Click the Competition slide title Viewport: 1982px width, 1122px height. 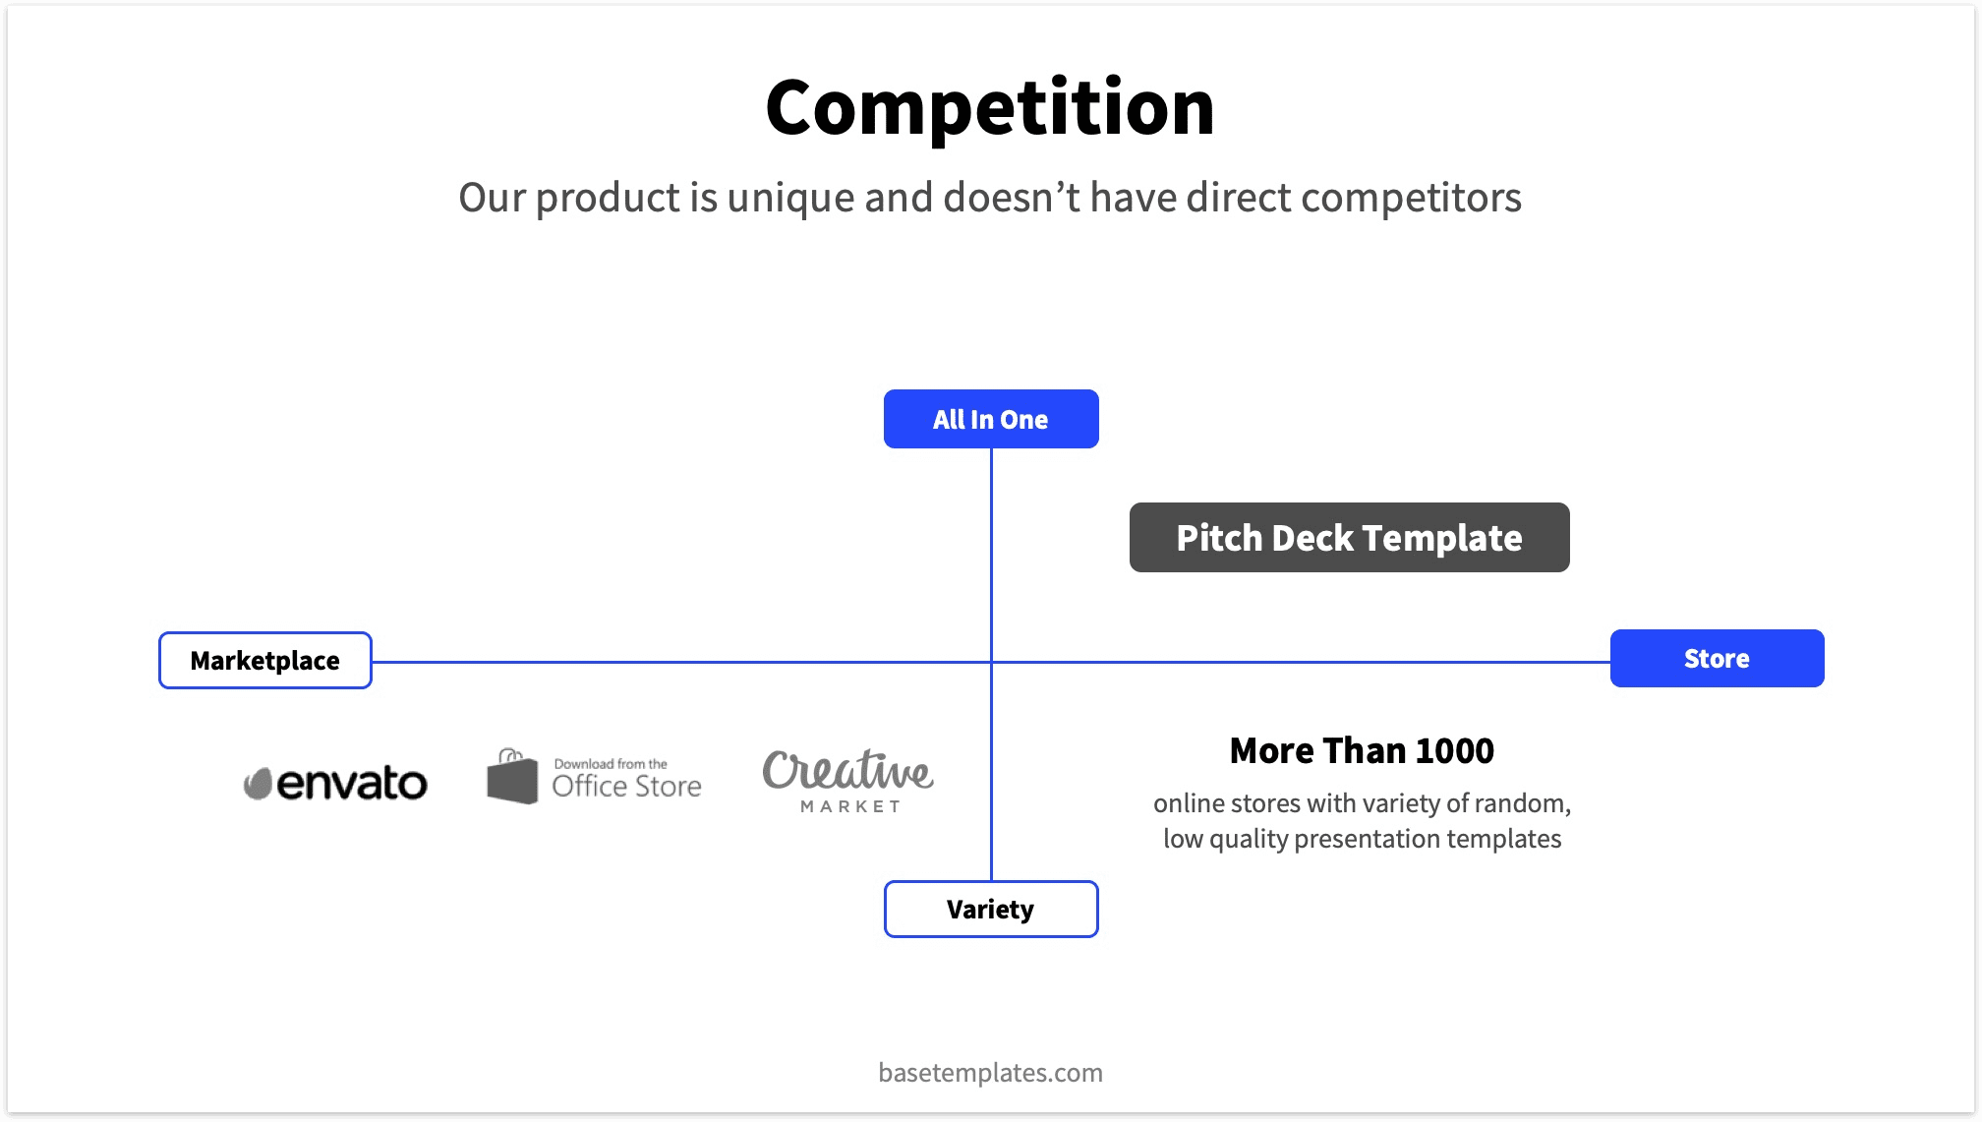pos(990,107)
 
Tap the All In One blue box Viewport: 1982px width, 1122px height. pos(991,419)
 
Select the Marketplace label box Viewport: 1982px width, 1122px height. pos(265,660)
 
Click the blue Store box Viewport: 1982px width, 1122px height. pos(1717,658)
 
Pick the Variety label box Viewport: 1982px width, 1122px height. pos(991,909)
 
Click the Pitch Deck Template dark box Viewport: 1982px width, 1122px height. pos(1349,538)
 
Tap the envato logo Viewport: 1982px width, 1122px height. pos(336,783)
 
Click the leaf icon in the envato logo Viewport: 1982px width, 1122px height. pos(258,784)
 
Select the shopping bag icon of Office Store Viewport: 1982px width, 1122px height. pos(512,777)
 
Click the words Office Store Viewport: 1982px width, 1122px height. pos(626,786)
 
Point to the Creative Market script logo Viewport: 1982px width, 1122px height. pos(847,770)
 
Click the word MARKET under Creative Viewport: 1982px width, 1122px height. pos(850,806)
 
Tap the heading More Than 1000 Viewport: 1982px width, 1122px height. pos(1362,750)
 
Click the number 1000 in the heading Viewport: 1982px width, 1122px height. pos(1454,750)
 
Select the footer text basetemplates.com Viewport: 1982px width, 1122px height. pos(990,1072)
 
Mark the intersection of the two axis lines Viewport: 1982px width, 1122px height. pos(991,662)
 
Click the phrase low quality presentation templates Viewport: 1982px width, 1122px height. pos(1362,839)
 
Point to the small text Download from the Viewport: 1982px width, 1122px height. pos(611,763)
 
